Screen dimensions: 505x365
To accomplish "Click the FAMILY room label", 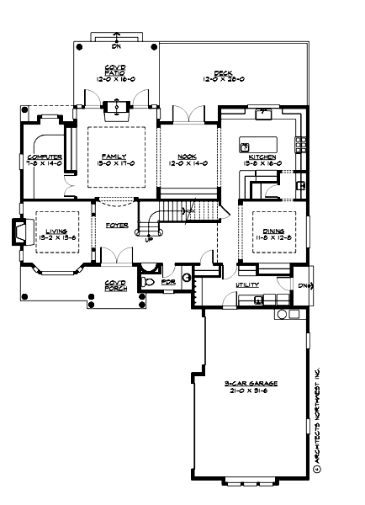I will click(x=109, y=157).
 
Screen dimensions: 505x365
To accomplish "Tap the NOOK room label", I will click(x=187, y=157).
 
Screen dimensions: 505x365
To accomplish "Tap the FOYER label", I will click(x=116, y=226).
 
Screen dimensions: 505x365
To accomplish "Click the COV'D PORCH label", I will click(x=115, y=285).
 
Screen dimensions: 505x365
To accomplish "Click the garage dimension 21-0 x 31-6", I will click(x=251, y=390).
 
